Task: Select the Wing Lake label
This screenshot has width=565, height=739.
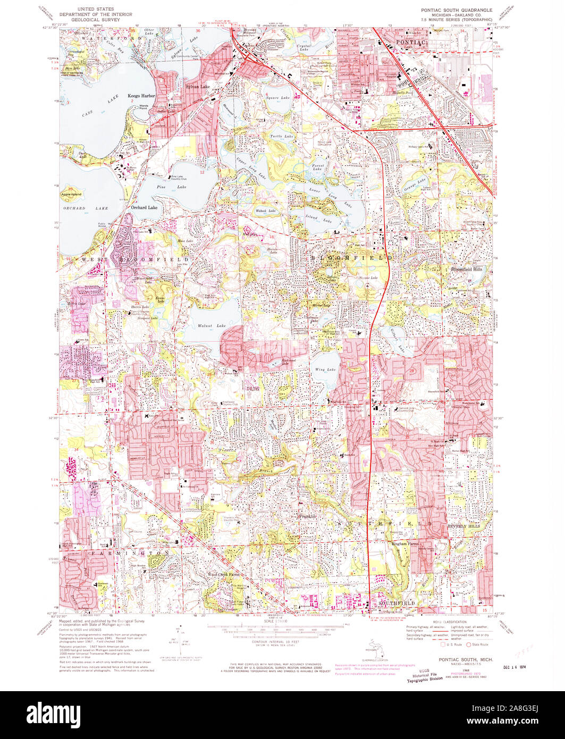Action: [x=325, y=369]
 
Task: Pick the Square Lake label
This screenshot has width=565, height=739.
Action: [x=279, y=98]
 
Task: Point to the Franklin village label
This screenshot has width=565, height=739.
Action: [x=307, y=516]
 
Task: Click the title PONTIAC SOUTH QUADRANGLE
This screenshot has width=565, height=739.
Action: [x=456, y=10]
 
